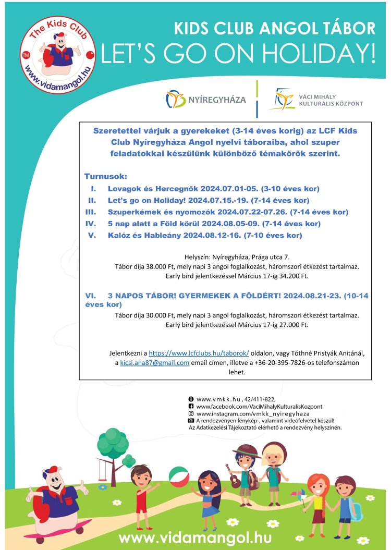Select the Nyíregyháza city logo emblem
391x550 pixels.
(176, 100)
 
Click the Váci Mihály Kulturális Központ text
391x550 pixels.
(331, 100)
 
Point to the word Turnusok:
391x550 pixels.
(105, 177)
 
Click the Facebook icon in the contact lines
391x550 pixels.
(191, 406)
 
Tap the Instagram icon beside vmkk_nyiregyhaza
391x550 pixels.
(191, 413)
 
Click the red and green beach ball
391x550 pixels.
(179, 477)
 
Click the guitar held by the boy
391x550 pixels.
(234, 478)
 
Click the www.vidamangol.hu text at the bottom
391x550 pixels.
(194, 537)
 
